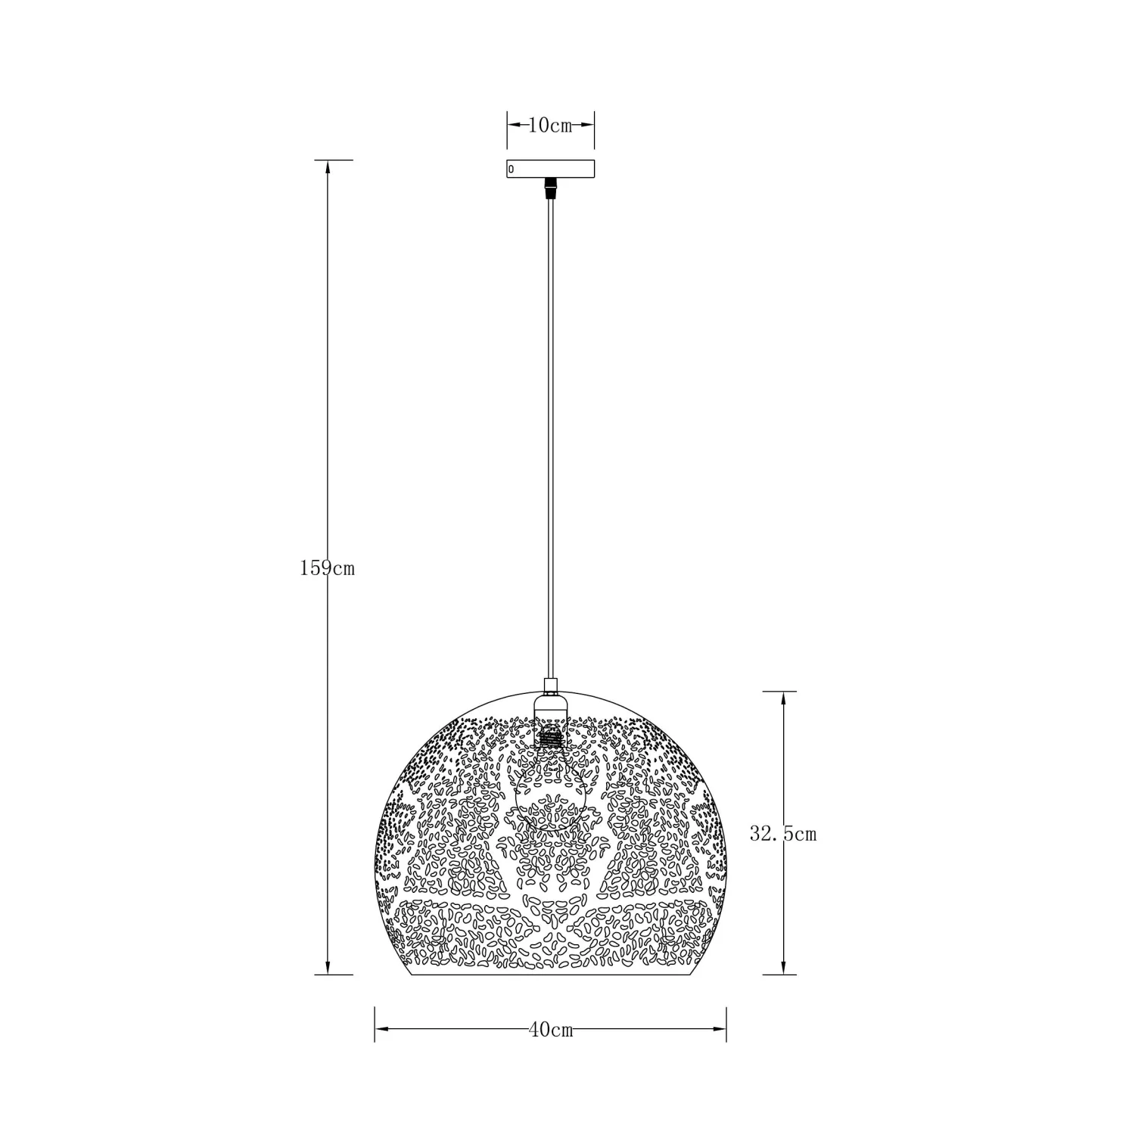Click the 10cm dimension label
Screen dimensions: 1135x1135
[550, 126]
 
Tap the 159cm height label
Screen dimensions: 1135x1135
[327, 567]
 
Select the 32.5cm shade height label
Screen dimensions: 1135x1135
[783, 834]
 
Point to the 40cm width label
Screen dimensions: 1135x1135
[551, 1030]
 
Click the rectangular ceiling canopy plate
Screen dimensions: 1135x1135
[551, 169]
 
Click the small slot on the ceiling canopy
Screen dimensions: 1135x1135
[512, 169]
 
